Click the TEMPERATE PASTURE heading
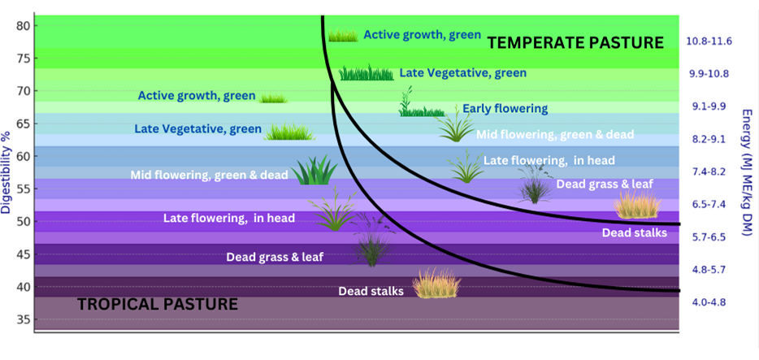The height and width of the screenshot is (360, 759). (575, 42)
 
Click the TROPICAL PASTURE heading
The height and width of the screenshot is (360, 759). (158, 305)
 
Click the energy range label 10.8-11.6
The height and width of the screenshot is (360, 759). (709, 41)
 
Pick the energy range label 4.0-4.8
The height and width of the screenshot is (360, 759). (709, 302)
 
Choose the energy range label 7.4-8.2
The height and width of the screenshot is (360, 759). (709, 171)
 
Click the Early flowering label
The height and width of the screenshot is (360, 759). (505, 108)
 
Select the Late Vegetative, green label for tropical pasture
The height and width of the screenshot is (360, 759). (198, 129)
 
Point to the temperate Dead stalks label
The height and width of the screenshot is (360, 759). (635, 232)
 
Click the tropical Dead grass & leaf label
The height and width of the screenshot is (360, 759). (275, 257)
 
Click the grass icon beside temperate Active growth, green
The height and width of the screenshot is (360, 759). (343, 35)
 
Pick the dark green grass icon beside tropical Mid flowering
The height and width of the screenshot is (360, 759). (314, 170)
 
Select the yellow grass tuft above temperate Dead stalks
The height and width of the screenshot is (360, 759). (637, 204)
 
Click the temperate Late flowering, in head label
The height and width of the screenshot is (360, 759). (549, 160)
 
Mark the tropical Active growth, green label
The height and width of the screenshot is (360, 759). (197, 96)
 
